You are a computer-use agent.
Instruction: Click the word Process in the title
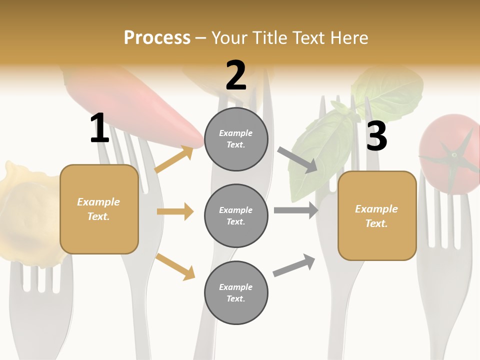tap(157, 38)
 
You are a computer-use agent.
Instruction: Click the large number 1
tap(99, 128)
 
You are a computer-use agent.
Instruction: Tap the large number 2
tap(236, 75)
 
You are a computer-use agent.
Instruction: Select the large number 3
tap(376, 136)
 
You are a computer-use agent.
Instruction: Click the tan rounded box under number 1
tap(99, 209)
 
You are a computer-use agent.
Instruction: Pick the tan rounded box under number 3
tap(377, 216)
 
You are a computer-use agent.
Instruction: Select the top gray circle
tap(236, 139)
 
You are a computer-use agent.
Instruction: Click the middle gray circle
tap(236, 215)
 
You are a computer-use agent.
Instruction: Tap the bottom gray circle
tap(236, 292)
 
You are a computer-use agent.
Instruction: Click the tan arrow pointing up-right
tap(174, 159)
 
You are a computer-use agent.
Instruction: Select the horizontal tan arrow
tap(175, 211)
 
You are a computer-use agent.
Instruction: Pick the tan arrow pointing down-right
tap(175, 266)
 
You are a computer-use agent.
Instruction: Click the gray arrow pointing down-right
tap(297, 160)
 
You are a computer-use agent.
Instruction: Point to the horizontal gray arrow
tap(295, 210)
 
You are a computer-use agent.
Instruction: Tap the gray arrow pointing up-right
tap(294, 265)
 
